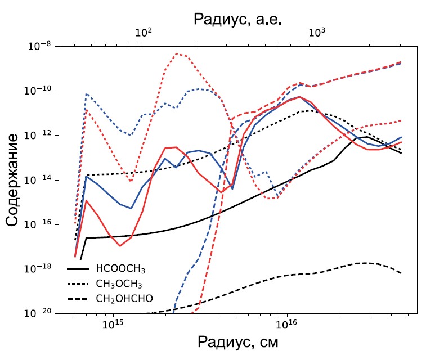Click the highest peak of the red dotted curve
[x=177, y=54]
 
